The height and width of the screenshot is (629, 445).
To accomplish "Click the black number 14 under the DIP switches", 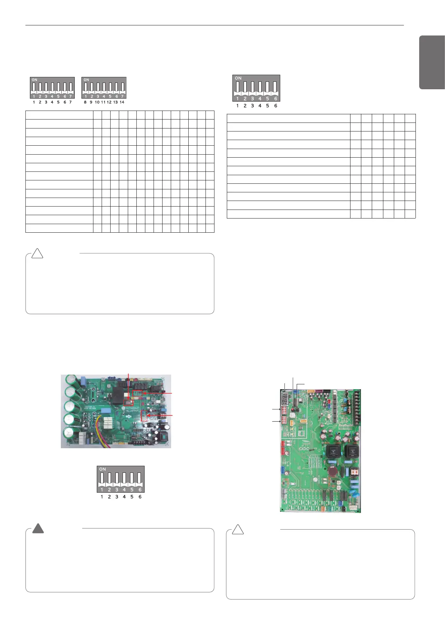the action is coord(122,102).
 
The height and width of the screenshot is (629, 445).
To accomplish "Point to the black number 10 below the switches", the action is coord(97,102).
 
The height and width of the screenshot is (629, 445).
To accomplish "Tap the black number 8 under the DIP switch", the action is coord(85,102).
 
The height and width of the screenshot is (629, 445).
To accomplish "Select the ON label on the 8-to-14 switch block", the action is coord(86,80).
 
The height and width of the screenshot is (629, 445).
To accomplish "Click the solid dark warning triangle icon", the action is coord(38,529).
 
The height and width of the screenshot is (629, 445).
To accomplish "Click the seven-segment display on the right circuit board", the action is coord(284,399).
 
